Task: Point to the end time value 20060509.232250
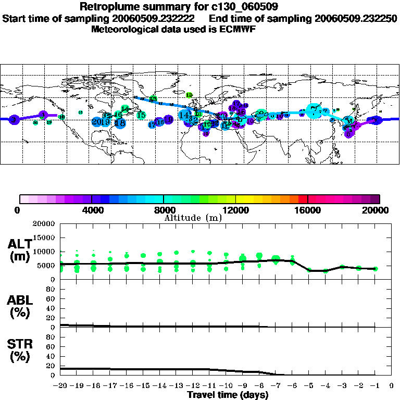point(356,18)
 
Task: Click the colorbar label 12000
point(235,210)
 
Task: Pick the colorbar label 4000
point(91,210)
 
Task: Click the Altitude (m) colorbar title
point(193,218)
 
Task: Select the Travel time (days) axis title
point(228,395)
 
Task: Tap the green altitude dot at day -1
point(375,269)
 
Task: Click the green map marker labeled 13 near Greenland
point(153,98)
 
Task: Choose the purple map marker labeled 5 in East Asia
point(348,133)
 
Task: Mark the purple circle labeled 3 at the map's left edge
point(14,120)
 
